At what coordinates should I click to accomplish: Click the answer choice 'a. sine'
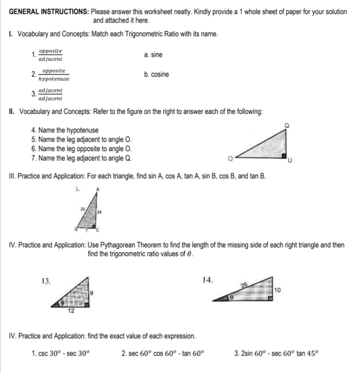153,55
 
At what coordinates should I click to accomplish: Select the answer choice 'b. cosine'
156,75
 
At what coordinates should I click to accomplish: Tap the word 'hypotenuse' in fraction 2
54,79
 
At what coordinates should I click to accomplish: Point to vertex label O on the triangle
231,157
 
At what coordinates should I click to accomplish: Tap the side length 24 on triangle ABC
100,212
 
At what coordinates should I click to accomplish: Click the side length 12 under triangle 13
70,311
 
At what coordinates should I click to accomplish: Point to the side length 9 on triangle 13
91,292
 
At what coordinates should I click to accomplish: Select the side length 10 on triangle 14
278,290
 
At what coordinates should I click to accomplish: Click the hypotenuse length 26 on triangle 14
243,285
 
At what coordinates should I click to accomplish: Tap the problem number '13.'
46,280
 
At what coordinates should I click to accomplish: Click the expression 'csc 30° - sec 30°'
60,354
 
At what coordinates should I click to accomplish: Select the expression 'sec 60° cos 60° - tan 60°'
163,354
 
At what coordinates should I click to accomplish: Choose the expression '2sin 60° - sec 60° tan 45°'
276,354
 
